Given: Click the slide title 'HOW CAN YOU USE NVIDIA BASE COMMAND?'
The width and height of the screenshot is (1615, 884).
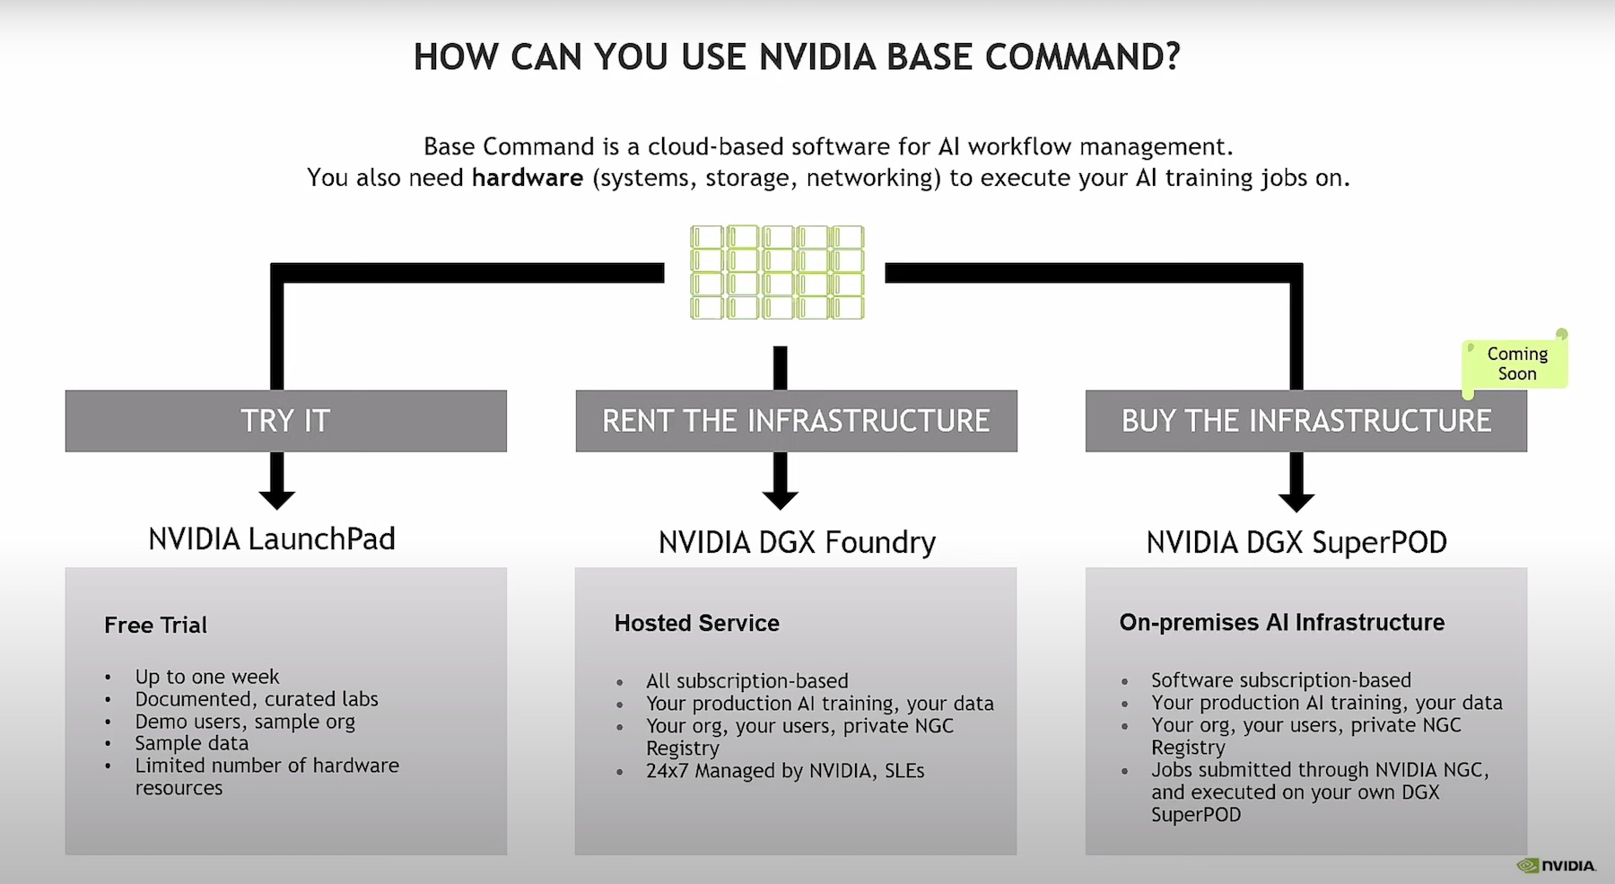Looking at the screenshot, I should [797, 57].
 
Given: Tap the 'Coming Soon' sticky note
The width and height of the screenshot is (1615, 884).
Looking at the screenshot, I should [1516, 363].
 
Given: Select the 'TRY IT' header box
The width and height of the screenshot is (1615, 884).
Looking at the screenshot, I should [285, 421].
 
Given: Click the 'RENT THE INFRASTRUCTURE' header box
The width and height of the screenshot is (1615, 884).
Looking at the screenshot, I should [796, 421].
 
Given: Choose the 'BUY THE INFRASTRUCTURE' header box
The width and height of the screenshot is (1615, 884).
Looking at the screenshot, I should [1305, 421].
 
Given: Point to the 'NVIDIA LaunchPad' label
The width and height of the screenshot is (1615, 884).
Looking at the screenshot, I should [272, 539].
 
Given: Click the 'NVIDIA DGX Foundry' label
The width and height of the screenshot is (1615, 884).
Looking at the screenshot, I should [797, 543].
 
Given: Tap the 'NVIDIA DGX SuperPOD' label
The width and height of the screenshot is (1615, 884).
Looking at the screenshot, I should [1296, 543].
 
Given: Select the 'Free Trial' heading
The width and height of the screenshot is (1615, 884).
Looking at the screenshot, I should [155, 626].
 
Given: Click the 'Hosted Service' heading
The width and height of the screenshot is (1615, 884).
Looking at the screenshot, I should [697, 624].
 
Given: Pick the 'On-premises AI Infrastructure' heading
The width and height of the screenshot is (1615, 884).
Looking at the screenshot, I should [1282, 623].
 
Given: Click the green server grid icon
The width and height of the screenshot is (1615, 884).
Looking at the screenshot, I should [777, 273].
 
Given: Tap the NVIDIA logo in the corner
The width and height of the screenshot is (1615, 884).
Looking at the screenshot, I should [1556, 866].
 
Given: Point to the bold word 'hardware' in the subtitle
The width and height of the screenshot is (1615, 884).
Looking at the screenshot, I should [528, 178].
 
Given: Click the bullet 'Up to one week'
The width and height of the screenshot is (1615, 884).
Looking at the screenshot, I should [207, 677].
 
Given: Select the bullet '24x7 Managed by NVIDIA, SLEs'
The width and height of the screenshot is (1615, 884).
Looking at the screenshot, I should [785, 771].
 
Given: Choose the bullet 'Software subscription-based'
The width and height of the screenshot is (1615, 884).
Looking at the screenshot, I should [1281, 680].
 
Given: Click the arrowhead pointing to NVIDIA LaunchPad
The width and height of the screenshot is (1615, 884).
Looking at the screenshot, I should [277, 498].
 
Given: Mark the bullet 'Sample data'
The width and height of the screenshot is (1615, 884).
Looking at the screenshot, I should [192, 743].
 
